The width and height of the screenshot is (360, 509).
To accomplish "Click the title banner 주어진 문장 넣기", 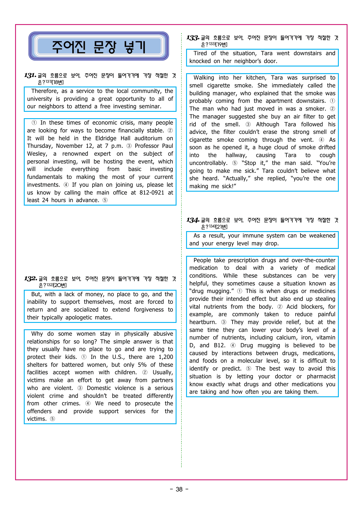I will coord(98,46).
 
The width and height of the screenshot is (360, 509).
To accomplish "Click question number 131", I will coord(30,75).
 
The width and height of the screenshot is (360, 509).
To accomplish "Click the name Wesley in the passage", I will coord(37,154).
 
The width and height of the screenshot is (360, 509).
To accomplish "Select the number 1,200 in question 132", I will coord(166,357).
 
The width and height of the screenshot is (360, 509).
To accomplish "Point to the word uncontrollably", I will coord(208,163).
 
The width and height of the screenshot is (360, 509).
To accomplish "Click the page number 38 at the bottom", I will coord(179,489).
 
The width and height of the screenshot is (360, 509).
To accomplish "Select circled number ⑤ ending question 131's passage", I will coord(105,200).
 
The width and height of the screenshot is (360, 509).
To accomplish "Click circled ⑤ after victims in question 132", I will coord(52,419).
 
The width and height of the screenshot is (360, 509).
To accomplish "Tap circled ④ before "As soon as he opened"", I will coord(321,140).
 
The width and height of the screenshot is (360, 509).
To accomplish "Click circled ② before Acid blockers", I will coord(280,307).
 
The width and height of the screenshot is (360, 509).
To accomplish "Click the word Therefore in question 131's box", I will coord(45,91).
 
